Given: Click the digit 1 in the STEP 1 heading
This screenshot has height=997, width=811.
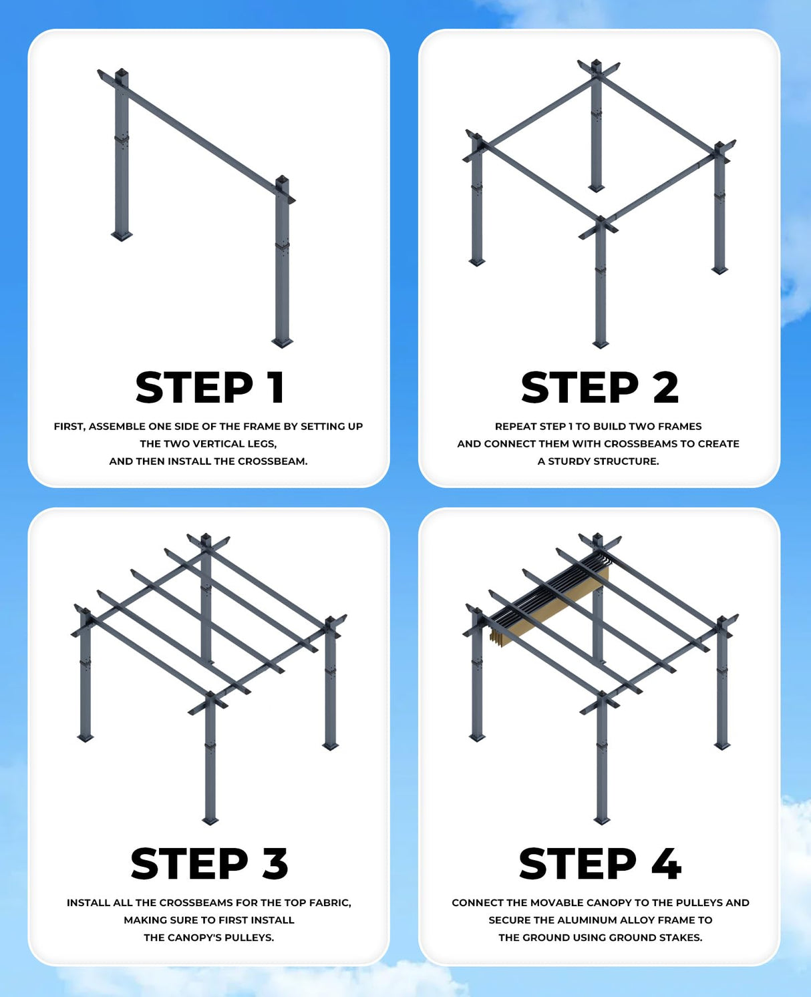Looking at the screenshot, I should click(x=275, y=387).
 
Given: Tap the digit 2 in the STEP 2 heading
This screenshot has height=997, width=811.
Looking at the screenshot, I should click(x=665, y=387).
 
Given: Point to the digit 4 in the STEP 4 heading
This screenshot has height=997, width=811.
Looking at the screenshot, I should click(x=667, y=863).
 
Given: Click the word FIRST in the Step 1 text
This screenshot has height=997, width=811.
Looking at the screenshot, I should click(x=69, y=426).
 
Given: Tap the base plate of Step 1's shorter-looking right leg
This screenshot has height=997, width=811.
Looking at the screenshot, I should click(x=283, y=343).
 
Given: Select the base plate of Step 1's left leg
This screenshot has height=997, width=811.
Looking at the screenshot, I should click(x=122, y=235).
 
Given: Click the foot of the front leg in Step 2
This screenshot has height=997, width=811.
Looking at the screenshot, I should click(x=601, y=345).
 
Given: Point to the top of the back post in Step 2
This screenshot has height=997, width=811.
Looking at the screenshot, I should click(x=597, y=67).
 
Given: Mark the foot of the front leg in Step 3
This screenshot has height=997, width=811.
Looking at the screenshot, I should click(x=210, y=820).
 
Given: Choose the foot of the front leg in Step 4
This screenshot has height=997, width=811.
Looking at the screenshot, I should click(x=602, y=820).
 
